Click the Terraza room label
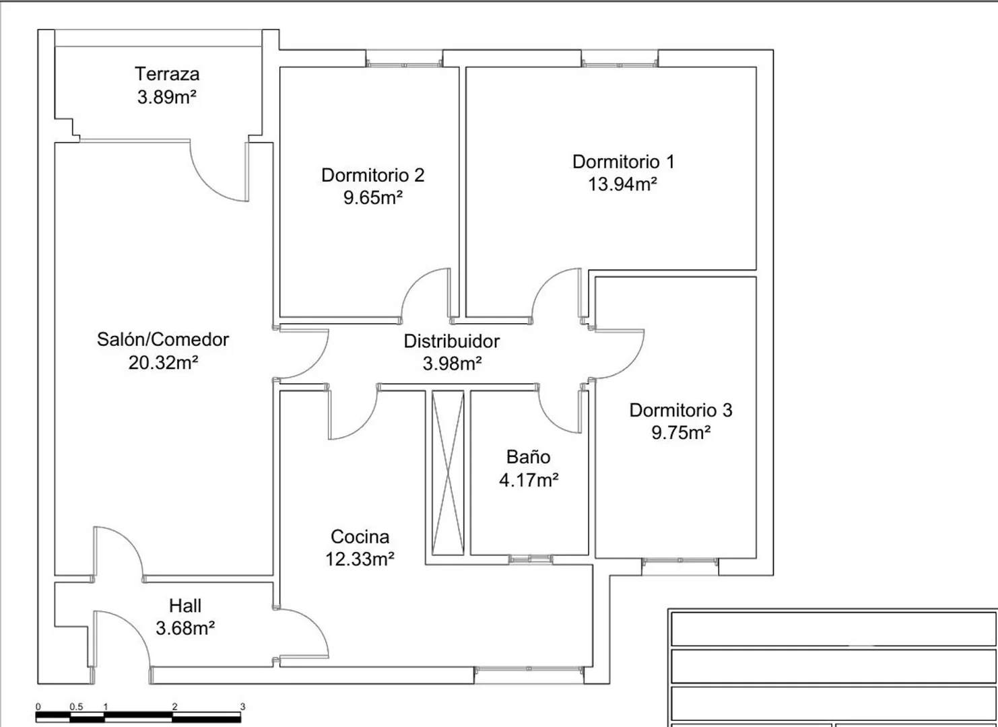[167, 74]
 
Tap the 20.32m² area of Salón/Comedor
[163, 363]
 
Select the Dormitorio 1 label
[624, 162]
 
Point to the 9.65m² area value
[373, 197]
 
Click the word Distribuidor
[451, 341]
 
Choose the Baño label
[529, 457]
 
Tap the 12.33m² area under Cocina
[360, 559]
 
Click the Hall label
[185, 606]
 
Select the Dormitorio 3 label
[681, 410]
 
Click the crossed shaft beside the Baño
[448, 473]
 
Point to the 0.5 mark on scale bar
[76, 707]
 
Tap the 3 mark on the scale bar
[242, 707]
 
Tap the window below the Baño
[531, 559]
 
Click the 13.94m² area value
[622, 184]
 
